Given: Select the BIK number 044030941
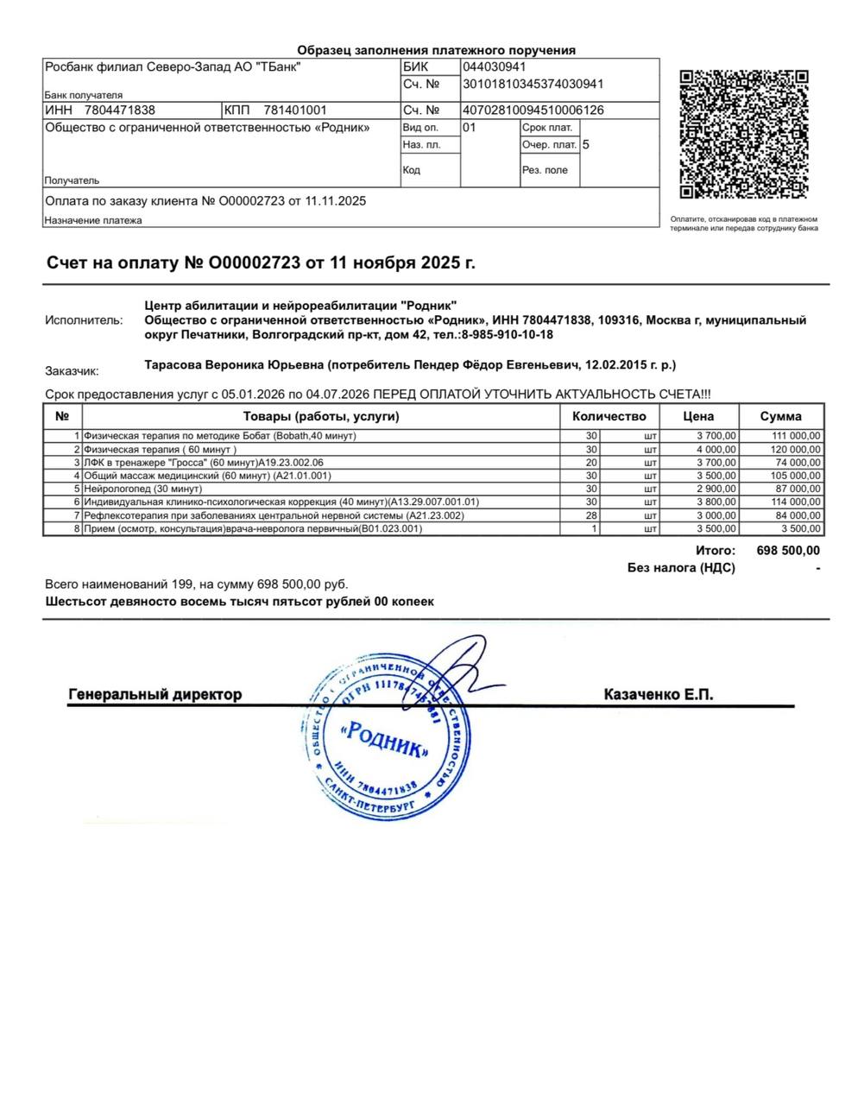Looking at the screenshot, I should tap(495, 67).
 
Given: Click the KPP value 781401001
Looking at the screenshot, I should tap(295, 110).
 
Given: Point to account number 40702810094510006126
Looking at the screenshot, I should tap(533, 110).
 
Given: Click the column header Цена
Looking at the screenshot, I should tap(698, 416).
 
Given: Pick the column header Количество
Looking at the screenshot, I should tap(609, 416).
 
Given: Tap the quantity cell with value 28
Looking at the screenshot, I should tap(591, 515).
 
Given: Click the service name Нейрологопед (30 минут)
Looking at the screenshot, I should tap(142, 489).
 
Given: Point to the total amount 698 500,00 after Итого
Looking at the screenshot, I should tap(788, 551).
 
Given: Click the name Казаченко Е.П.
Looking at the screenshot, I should tap(659, 694).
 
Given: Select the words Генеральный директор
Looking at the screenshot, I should tap(155, 694).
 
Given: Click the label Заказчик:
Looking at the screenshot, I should tap(72, 371).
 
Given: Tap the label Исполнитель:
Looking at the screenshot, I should tap(84, 320).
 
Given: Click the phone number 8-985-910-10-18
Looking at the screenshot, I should tap(507, 335).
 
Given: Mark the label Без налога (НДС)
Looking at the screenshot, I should tap(682, 568).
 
